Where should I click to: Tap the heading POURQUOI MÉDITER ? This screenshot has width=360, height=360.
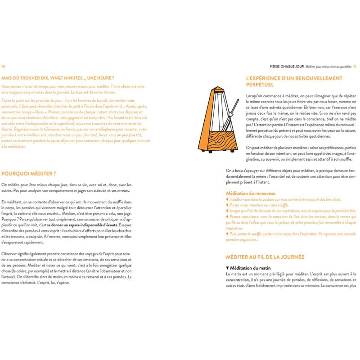[x=29, y=173]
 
